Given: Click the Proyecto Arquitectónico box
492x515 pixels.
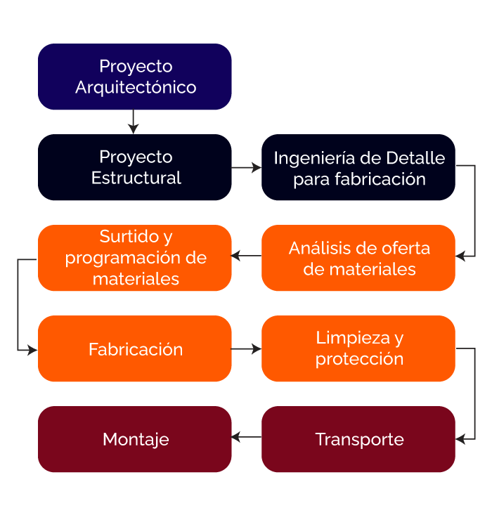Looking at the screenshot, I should pos(134,77).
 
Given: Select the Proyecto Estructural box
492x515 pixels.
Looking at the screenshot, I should pos(134,167).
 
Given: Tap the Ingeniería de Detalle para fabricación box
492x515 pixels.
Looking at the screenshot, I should pos(358,167).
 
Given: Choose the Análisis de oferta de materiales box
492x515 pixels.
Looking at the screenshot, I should pos(358,258).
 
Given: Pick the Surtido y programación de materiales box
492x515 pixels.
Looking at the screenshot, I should pos(134,258).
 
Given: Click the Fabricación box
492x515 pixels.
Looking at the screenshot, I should pos(134,348).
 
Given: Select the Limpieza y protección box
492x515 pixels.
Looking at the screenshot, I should pos(358,348).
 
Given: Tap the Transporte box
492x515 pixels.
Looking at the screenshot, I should pos(358,439).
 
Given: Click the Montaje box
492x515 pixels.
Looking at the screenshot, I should pos(134,439).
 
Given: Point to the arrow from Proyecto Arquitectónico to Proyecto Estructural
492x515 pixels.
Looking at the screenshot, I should pos(134,122).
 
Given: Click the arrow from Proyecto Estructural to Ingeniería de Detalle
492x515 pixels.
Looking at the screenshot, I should pos(246,168).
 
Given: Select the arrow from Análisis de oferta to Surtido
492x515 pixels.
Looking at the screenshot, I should pos(246,256).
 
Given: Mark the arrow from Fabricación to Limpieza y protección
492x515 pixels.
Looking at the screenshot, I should pos(246,348).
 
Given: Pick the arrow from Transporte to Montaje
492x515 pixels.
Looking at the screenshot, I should pos(246,438).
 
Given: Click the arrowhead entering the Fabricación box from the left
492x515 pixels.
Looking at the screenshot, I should pos(32,349).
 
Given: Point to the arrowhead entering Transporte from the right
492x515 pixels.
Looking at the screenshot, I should pos(460,439).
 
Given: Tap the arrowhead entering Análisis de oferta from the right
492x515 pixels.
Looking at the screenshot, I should pos(460,256).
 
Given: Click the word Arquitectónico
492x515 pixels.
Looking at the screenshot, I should pos(136,88).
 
